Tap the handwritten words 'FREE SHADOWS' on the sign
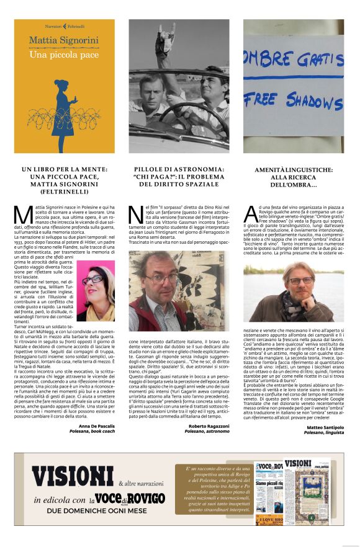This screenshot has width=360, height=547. [294, 100]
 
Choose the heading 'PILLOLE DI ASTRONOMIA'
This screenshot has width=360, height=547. [179, 169]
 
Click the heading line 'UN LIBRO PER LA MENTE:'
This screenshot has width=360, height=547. [65, 169]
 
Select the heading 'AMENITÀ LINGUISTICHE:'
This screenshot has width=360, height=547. [292, 169]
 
